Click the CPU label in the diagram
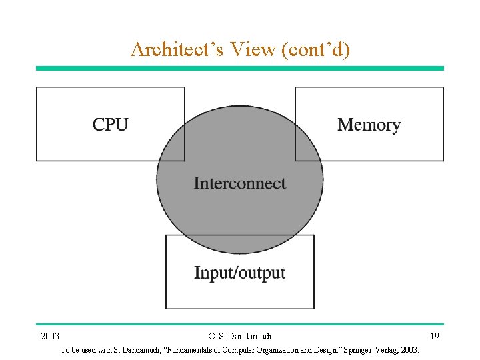pos(110,125)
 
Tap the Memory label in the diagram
pos(369,125)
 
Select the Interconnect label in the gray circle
pos(239,183)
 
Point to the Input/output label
pos(239,273)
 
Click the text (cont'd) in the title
pos(316,49)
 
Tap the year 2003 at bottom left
pos(50,336)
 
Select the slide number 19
pos(435,336)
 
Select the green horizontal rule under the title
pos(239,68)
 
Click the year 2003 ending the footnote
pos(410,350)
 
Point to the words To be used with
pos(83,350)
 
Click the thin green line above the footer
pos(239,325)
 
